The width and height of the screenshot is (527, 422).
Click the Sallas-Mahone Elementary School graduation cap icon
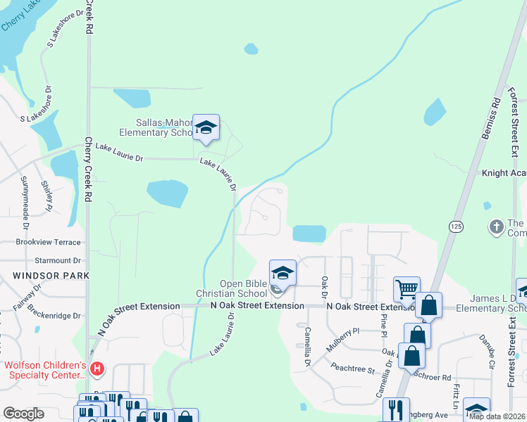tap(206, 128)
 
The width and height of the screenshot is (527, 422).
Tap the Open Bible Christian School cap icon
tap(283, 272)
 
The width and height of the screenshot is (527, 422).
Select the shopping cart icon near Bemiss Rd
tap(407, 288)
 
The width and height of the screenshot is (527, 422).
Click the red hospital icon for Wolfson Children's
tap(98, 367)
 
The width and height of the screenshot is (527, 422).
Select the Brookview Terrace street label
tap(48, 241)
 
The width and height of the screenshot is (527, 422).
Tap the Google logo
tap(23, 414)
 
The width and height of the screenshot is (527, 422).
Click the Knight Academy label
tap(503, 173)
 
